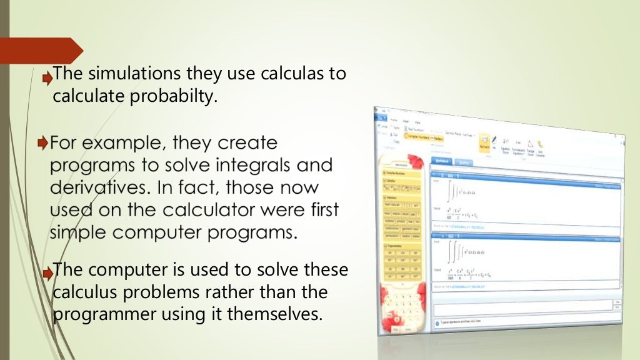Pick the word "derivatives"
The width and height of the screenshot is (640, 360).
point(100,187)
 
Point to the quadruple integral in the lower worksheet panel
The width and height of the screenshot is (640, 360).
point(458,252)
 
